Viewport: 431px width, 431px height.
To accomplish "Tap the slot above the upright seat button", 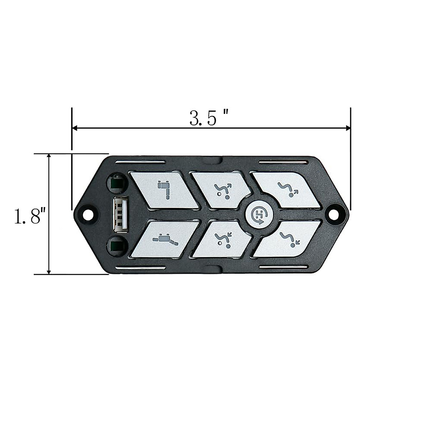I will pos(140,163).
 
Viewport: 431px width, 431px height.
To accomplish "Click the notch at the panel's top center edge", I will pos(220,159).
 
